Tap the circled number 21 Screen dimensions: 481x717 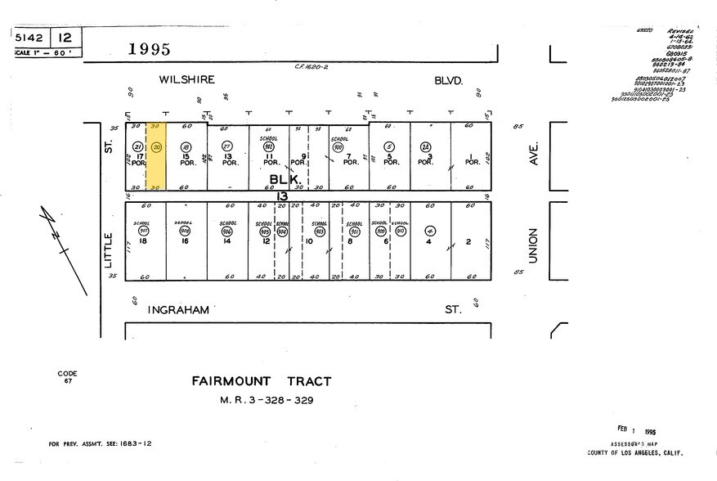[x=137, y=146]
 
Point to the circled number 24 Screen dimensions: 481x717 [x=425, y=146]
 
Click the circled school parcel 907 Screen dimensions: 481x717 [x=144, y=231]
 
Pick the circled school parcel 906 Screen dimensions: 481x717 [x=226, y=231]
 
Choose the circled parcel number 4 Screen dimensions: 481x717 [x=430, y=231]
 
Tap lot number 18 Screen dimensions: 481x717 [x=144, y=241]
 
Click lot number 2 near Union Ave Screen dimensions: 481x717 [x=468, y=241]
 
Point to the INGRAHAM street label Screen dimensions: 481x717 [x=178, y=310]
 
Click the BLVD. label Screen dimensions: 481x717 [x=449, y=80]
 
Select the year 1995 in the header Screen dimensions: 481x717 [x=150, y=49]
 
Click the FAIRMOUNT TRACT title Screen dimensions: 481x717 [x=262, y=380]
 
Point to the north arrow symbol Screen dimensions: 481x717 [x=63, y=245]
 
